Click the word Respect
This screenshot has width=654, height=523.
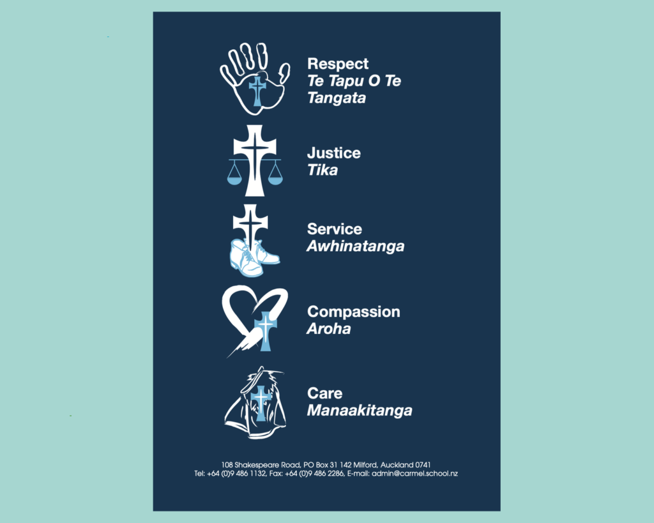pyautogui.click(x=338, y=64)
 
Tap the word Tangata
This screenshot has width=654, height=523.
pyautogui.click(x=337, y=98)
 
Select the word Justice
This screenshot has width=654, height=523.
pyautogui.click(x=333, y=153)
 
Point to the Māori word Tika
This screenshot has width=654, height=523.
pyautogui.click(x=323, y=170)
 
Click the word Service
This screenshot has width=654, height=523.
pyautogui.click(x=335, y=229)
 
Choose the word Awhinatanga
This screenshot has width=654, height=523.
pyautogui.click(x=356, y=246)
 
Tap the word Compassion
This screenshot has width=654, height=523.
pyautogui.click(x=354, y=312)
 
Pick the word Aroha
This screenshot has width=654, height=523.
pyautogui.click(x=329, y=329)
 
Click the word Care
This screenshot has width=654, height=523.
pyautogui.click(x=325, y=393)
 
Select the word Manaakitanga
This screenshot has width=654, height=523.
pyautogui.click(x=360, y=411)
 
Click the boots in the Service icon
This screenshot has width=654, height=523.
pyautogui.click(x=253, y=257)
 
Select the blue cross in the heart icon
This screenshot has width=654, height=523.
pyautogui.click(x=265, y=331)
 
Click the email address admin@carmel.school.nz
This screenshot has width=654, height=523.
pyautogui.click(x=414, y=474)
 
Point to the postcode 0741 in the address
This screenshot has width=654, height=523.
pyautogui.click(x=423, y=465)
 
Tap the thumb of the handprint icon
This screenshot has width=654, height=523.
pyautogui.click(x=284, y=73)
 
